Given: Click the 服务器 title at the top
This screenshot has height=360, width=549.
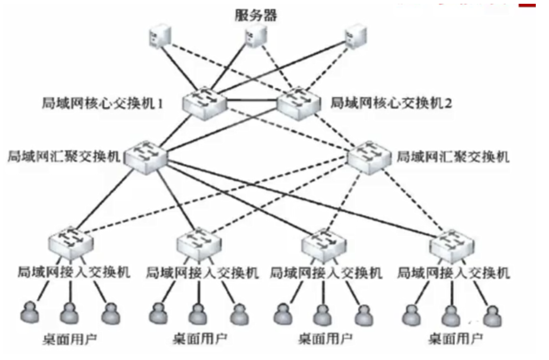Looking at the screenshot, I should pos(256,16).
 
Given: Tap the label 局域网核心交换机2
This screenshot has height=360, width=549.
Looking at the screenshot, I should pos(391,103).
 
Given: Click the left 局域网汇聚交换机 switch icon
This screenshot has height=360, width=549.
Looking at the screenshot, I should pos(147,155).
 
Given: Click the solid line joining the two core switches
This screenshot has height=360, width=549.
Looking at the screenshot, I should pos(252,100).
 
